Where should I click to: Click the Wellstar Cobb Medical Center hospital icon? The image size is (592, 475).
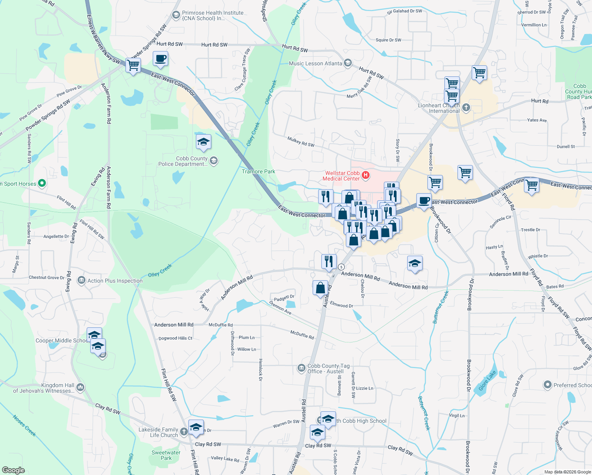click(x=366, y=175)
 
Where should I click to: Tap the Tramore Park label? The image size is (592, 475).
click(x=258, y=172)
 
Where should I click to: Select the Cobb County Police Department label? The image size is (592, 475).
click(x=183, y=161)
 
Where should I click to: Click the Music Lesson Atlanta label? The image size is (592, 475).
click(x=315, y=63)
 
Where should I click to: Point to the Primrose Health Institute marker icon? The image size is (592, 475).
click(x=176, y=15)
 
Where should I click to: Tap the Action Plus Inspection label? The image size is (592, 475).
click(x=115, y=281)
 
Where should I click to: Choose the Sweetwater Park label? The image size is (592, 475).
click(x=166, y=455)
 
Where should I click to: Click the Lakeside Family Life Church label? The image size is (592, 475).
click(x=158, y=432)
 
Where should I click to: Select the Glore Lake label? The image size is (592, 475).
click(x=487, y=381)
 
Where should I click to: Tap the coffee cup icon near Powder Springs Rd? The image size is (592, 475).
click(x=160, y=59)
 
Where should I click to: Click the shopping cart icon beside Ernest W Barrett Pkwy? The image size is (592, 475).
click(x=133, y=65)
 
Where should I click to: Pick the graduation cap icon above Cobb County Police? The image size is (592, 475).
click(x=203, y=142)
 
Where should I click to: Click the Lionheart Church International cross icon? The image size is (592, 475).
click(x=466, y=107)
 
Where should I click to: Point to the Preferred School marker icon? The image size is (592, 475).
click(x=547, y=384)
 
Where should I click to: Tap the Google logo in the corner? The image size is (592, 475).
click(x=13, y=470)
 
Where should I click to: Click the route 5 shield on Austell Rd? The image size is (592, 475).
click(x=341, y=267)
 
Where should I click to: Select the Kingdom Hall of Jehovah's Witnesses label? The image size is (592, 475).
click(x=44, y=388)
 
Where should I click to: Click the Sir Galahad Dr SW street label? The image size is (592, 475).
click(x=404, y=11)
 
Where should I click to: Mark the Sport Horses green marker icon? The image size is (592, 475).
click(x=42, y=183)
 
